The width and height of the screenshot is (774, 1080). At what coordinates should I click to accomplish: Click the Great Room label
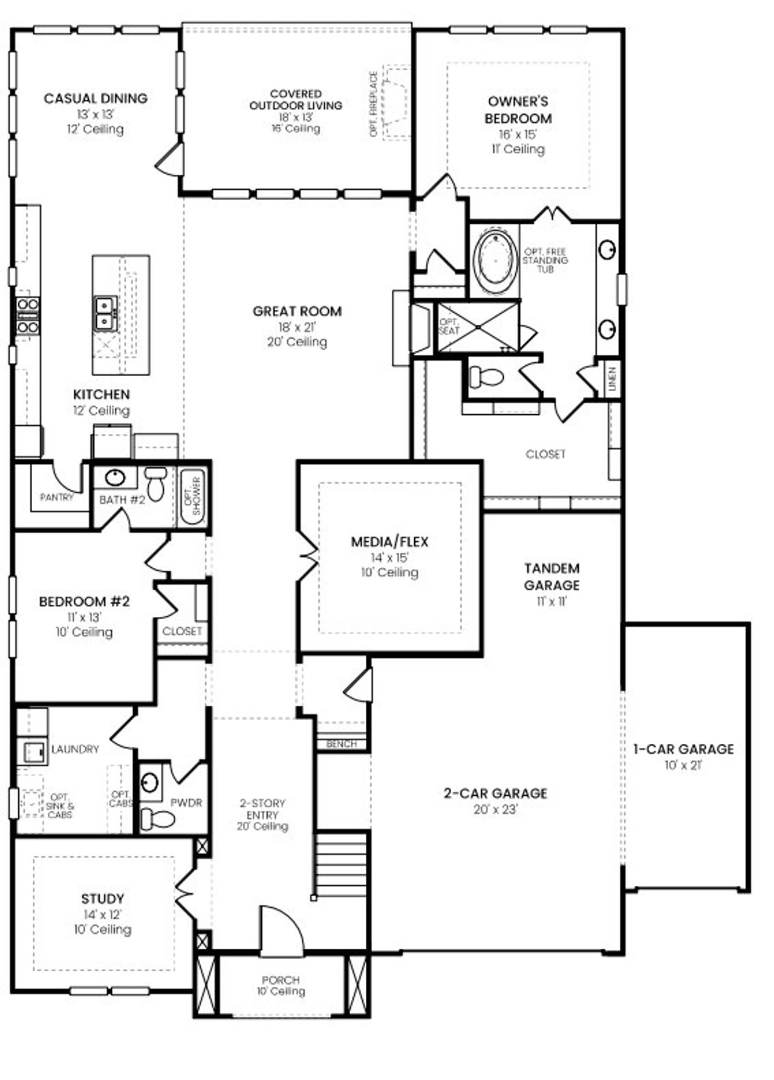[x=297, y=311]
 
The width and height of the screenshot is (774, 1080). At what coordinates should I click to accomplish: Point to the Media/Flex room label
[x=389, y=542]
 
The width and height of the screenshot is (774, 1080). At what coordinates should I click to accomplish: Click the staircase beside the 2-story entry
[x=342, y=865]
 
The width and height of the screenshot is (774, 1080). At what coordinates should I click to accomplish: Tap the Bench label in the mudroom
[x=342, y=744]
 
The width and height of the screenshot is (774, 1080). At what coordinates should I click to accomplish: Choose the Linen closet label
[x=612, y=379]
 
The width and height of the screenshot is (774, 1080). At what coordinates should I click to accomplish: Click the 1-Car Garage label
[x=683, y=749]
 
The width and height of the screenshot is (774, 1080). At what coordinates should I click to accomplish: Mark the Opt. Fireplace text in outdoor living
[x=373, y=104]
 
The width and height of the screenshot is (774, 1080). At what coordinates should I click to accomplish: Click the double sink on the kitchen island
[x=105, y=314]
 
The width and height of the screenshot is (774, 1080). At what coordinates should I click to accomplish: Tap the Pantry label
[x=56, y=497]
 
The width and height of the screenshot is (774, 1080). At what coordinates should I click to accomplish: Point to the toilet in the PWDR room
[x=157, y=819]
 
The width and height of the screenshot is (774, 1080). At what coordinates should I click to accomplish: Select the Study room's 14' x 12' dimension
[x=102, y=914]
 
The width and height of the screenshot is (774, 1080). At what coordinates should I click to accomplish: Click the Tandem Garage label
[x=551, y=576]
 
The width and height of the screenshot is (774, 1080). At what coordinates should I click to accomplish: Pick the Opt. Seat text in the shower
[x=449, y=327]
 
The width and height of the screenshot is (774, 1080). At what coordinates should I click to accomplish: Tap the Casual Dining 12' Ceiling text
[x=96, y=129]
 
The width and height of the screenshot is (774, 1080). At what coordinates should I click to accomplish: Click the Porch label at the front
[x=281, y=980]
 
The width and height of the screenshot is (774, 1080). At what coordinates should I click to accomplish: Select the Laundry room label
[x=75, y=749]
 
